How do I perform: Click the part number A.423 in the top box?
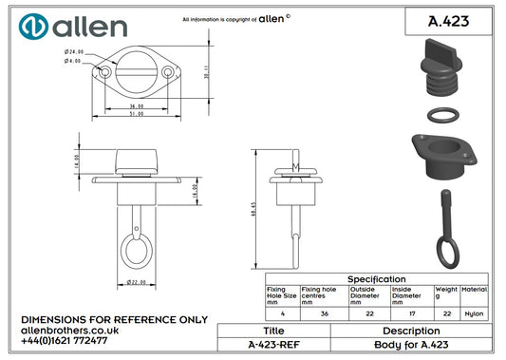pyautogui.click(x=449, y=21)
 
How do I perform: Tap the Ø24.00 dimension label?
pyautogui.click(x=74, y=52)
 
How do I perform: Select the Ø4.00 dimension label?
pyautogui.click(x=74, y=62)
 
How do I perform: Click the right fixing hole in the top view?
pyautogui.click(x=167, y=72)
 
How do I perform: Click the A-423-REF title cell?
pyautogui.click(x=273, y=346)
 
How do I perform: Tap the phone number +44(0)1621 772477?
pyautogui.click(x=64, y=339)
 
